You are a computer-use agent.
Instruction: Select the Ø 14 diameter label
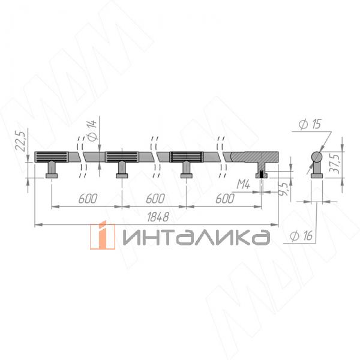point(91,130)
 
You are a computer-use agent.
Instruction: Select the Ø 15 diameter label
point(310,125)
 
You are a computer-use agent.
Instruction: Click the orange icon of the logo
point(102,236)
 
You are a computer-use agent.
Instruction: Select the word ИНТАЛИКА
point(195,237)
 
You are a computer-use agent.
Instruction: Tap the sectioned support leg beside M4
point(262,170)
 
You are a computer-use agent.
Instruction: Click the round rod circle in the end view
point(317,158)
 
